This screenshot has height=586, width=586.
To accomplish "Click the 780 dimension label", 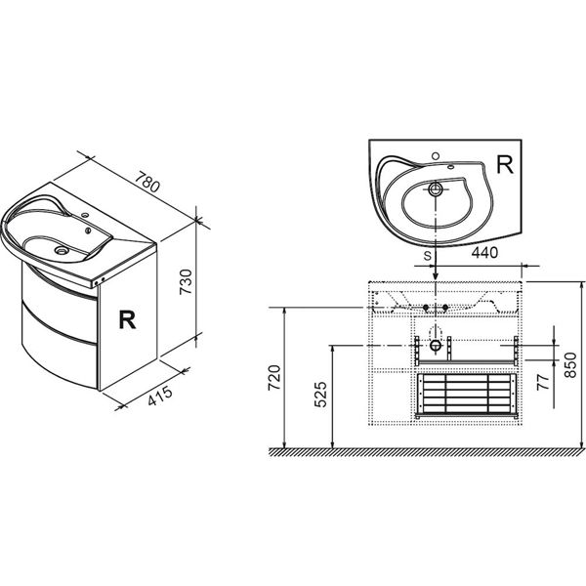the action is pyautogui.click(x=147, y=182).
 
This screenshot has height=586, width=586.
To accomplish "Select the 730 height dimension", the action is pyautogui.click(x=186, y=281).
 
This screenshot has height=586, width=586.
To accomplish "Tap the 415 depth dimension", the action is pyautogui.click(x=160, y=396).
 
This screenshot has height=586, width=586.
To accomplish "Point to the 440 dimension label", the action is pyautogui.click(x=484, y=253).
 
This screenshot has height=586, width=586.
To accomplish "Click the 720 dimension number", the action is pyautogui.click(x=274, y=378).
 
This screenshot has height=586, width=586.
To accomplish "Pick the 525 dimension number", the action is pyautogui.click(x=321, y=395).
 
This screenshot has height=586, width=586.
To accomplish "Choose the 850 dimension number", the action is pyautogui.click(x=570, y=364).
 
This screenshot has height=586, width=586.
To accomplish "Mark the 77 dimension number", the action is pyautogui.click(x=544, y=382).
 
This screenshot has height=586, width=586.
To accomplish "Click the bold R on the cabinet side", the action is pyautogui.click(x=127, y=319).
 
